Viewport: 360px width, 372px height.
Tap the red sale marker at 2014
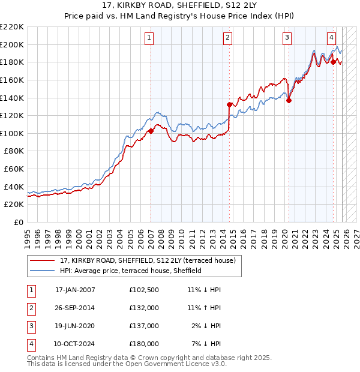229,104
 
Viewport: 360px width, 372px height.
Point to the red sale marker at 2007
151,131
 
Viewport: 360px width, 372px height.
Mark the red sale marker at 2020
289,100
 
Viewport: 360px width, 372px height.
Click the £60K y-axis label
14,169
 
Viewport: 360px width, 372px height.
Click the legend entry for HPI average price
130,271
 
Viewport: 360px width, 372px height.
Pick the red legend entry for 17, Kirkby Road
150,260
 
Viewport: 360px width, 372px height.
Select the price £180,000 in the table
143,344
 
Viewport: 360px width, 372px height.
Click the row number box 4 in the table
30,344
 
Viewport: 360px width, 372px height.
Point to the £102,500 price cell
143,290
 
